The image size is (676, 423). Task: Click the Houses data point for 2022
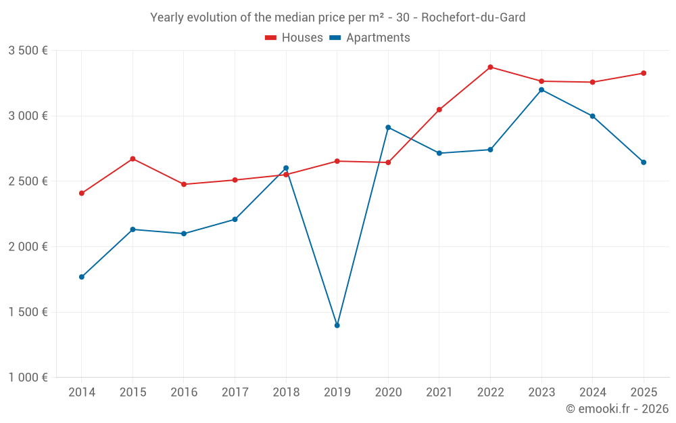tap(490, 67)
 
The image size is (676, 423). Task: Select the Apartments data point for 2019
tap(337, 326)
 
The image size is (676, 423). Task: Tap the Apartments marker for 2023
tap(541, 90)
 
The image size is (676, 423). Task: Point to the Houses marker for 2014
tap(82, 194)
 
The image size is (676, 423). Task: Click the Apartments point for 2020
tap(388, 127)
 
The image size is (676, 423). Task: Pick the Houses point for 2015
tap(132, 159)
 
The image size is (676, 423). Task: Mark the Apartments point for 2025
tap(644, 162)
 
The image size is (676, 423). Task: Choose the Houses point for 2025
tap(644, 73)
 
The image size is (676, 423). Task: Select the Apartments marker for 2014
tap(82, 277)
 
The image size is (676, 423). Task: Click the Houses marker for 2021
tap(439, 110)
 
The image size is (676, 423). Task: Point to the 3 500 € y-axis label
tap(28, 51)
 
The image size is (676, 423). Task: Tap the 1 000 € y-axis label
tap(28, 378)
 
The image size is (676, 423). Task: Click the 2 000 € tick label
tap(28, 247)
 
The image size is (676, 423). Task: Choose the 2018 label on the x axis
tap(286, 393)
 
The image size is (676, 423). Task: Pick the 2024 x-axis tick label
tap(592, 393)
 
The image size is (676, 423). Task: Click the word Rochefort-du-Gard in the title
tap(473, 18)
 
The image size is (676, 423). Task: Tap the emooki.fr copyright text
tap(617, 409)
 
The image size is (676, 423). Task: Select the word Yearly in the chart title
tap(167, 18)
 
